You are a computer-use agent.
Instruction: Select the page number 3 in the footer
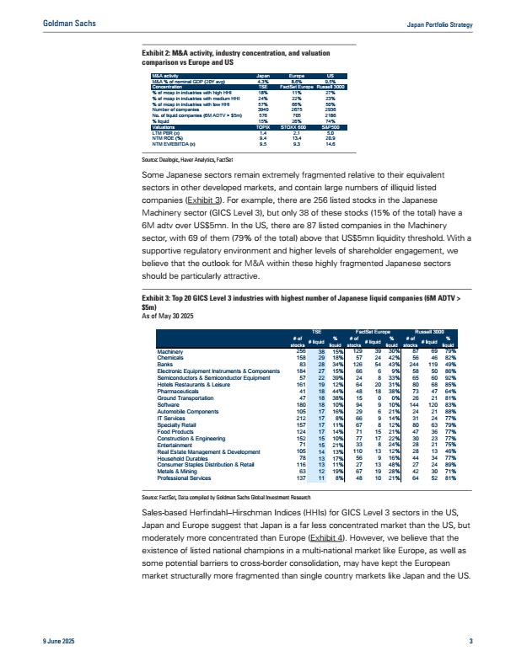pyautogui.click(x=470, y=643)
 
